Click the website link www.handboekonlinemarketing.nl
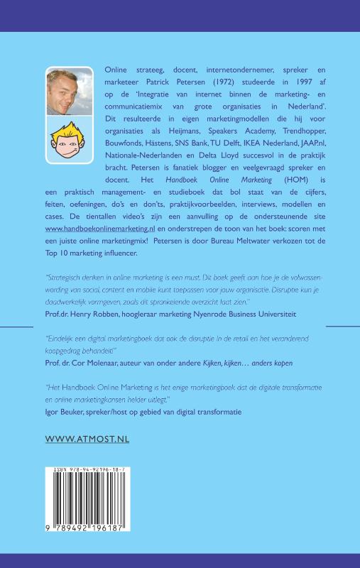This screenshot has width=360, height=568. coord(99,229)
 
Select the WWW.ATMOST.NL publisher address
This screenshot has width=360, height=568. coord(87,439)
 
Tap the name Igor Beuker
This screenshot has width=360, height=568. coord(67,411)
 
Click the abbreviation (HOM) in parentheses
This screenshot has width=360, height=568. coord(276,201)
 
